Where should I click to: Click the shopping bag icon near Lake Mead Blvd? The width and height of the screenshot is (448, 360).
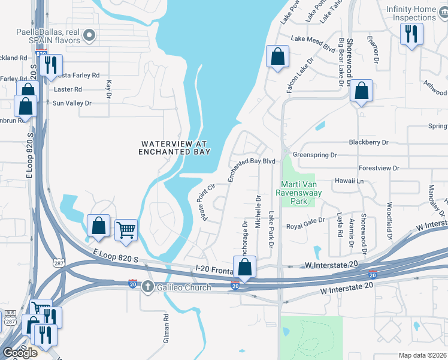click(x=277, y=57)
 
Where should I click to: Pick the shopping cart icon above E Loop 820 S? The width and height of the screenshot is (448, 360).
click(x=126, y=229)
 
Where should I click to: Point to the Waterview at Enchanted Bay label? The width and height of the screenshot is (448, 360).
click(x=174, y=148)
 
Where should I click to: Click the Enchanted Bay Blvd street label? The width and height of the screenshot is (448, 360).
click(x=250, y=169)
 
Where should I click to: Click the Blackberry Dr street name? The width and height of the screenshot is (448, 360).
click(x=368, y=142)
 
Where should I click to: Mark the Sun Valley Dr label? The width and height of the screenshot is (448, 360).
click(x=72, y=103)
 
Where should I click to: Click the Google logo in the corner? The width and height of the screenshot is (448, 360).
click(x=20, y=352)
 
